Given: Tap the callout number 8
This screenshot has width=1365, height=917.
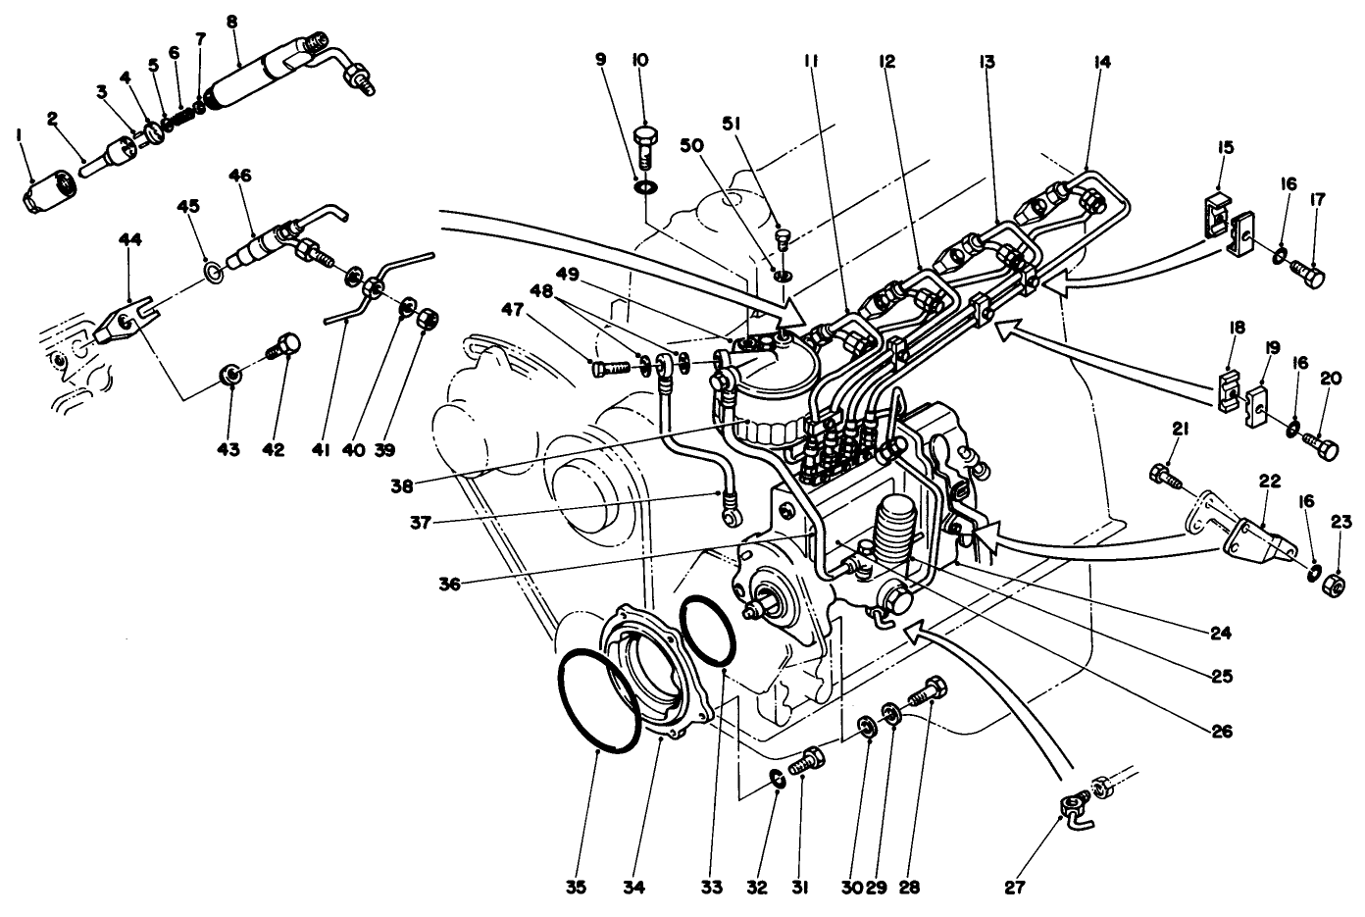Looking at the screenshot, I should pyautogui.click(x=231, y=19).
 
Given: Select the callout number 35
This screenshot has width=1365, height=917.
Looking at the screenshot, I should pyautogui.click(x=576, y=888).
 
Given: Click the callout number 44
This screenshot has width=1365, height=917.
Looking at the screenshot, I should pyautogui.click(x=129, y=240).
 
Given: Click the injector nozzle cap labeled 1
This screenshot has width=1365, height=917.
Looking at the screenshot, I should pyautogui.click(x=45, y=187).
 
